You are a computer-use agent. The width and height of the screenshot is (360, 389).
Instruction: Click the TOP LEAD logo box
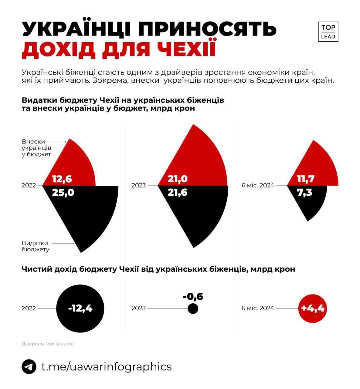[x=328, y=32]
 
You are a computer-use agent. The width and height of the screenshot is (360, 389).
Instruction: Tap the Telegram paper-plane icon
[x=29, y=367]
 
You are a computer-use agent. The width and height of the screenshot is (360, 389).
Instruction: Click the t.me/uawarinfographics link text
[x=106, y=367]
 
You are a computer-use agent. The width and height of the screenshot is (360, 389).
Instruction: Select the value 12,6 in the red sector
[x=62, y=179]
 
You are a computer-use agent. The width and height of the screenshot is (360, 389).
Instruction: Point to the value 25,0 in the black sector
[x=63, y=192]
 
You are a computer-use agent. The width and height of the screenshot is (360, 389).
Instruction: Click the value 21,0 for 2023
[x=178, y=179]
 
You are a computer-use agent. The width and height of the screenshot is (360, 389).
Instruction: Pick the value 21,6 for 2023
[x=178, y=192]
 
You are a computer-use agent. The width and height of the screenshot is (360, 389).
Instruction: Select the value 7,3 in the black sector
[x=304, y=192]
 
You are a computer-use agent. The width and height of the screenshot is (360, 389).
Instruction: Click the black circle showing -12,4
[x=80, y=308]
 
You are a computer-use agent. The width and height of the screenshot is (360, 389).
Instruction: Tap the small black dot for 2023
[x=193, y=309]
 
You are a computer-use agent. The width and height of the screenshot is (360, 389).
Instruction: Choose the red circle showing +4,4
[x=312, y=308]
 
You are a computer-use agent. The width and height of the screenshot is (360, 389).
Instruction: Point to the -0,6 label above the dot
[x=193, y=296]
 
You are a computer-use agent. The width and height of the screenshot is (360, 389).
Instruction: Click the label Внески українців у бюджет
[x=36, y=148]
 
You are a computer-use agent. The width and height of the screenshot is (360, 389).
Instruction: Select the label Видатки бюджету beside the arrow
[x=35, y=246]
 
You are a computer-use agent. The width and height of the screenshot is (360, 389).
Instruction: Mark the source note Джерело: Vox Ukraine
[x=48, y=344]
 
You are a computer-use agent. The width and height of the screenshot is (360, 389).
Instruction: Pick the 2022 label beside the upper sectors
[x=29, y=185]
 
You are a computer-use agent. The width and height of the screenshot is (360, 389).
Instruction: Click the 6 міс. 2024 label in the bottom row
[x=258, y=308]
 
